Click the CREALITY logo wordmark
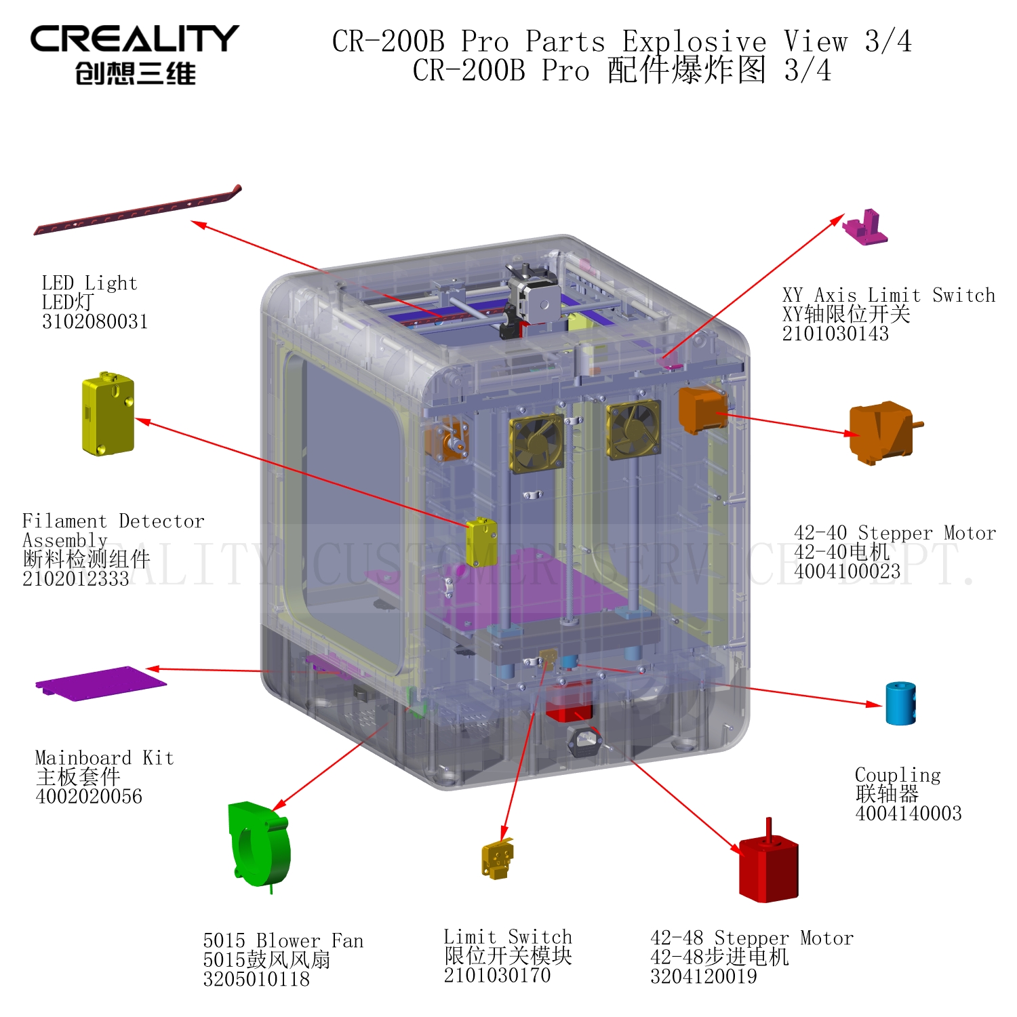pyautogui.click(x=134, y=39)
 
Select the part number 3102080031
pyautogui.click(x=95, y=321)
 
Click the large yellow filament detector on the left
pyautogui.click(x=108, y=414)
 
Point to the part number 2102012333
pyautogui.click(x=75, y=579)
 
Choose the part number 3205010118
pyautogui.click(x=256, y=979)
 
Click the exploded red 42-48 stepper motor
pyautogui.click(x=768, y=868)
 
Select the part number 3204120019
pyautogui.click(x=703, y=976)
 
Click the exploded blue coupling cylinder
pyautogui.click(x=900, y=704)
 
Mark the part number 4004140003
pyautogui.click(x=909, y=814)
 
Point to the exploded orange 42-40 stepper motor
pyautogui.click(x=881, y=432)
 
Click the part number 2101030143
pyautogui.click(x=835, y=334)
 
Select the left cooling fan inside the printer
pyautogui.click(x=537, y=442)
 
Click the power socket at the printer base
pyautogui.click(x=585, y=741)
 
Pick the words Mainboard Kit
pyautogui.click(x=104, y=758)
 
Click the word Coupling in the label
pyautogui.click(x=898, y=775)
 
